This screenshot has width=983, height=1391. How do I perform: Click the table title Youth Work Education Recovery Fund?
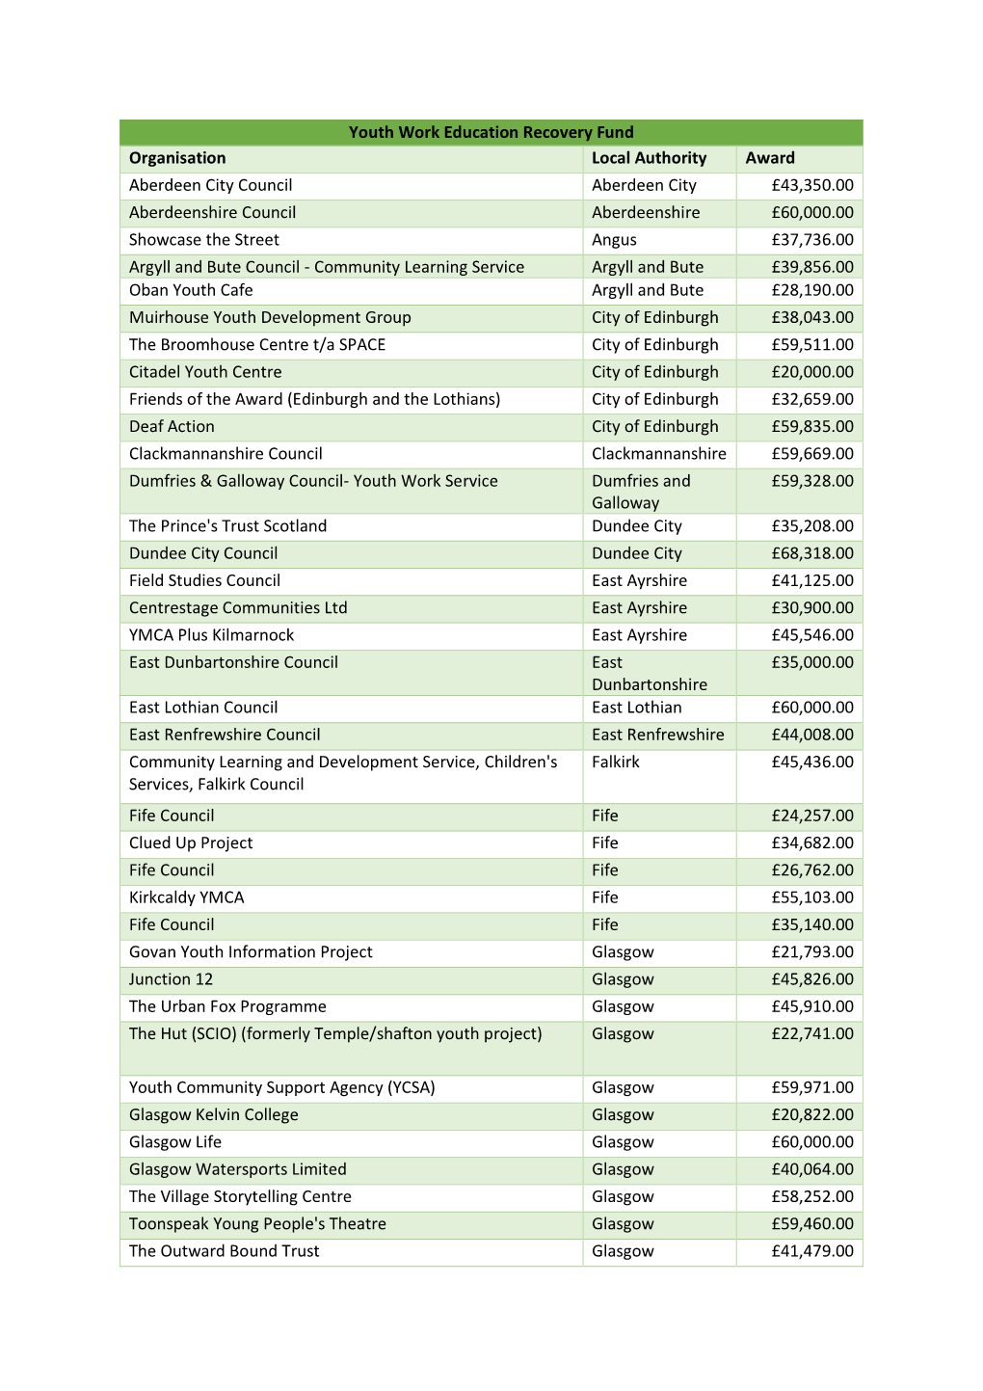tap(491, 132)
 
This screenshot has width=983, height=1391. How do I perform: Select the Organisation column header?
tap(177, 158)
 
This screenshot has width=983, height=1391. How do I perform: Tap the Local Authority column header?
tap(649, 158)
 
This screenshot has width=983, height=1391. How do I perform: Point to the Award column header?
tap(770, 158)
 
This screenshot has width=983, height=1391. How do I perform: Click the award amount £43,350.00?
tap(811, 185)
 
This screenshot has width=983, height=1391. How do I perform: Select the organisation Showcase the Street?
tap(204, 240)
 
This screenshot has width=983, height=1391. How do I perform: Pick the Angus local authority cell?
tap(614, 240)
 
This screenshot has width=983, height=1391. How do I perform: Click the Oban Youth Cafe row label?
tap(191, 290)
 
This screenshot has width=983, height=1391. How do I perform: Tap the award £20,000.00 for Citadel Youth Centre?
tap(811, 372)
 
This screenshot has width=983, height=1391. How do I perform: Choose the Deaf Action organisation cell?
tap(172, 426)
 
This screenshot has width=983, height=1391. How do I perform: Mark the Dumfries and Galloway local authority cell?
tap(641, 492)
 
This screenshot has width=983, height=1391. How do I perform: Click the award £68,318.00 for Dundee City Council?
tap(811, 553)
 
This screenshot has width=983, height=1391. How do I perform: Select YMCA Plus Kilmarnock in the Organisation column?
tap(211, 635)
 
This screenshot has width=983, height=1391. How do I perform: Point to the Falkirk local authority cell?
tap(616, 762)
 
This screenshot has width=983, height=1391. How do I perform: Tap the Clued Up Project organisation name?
tap(191, 843)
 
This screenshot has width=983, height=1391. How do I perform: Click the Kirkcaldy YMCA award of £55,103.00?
tap(811, 897)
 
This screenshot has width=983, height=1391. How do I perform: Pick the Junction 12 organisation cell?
tap(171, 979)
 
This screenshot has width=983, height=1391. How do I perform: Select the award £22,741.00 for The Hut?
tap(811, 1034)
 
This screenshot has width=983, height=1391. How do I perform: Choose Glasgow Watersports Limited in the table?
tap(237, 1169)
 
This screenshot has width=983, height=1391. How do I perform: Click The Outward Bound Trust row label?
tap(224, 1251)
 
